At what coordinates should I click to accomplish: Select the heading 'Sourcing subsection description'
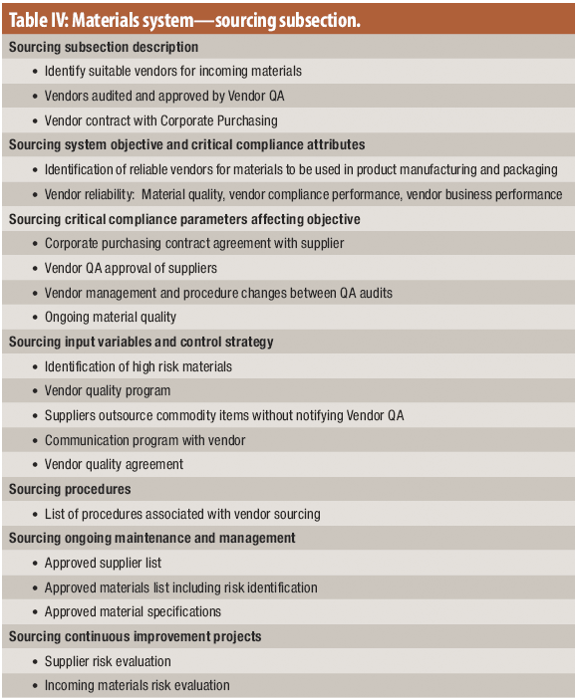(x=103, y=47)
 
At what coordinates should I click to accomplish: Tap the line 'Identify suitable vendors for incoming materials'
(x=172, y=71)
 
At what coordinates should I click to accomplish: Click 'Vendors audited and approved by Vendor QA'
(x=165, y=96)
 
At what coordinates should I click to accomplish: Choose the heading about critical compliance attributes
(x=186, y=144)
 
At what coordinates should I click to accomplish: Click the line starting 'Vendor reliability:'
(x=303, y=194)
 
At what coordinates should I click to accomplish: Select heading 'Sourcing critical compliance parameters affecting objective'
(x=184, y=219)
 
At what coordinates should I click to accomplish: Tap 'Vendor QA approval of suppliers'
(x=131, y=268)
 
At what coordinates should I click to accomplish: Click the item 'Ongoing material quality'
(x=110, y=317)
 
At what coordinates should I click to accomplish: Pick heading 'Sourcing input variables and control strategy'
(x=141, y=342)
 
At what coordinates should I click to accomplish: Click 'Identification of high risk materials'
(x=138, y=366)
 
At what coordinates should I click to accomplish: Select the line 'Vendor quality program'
(x=107, y=390)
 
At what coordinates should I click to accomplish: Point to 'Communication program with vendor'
(x=144, y=440)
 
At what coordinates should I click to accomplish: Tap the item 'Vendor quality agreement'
(x=115, y=464)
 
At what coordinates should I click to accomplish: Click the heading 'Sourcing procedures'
(x=70, y=489)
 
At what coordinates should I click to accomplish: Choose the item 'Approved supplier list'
(x=103, y=563)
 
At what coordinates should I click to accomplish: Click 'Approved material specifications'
(x=133, y=611)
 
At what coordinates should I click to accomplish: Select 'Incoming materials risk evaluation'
(x=137, y=685)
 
